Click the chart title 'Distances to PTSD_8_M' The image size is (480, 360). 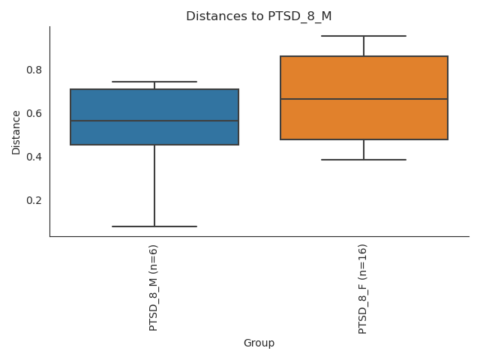259,16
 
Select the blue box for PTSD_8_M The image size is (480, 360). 154,105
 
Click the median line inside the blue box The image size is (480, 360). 154,121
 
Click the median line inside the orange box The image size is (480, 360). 364,99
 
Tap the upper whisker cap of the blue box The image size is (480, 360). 154,82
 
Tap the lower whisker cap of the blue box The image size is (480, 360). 154,226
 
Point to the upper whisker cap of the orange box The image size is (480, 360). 364,36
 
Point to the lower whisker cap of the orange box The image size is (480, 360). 364,160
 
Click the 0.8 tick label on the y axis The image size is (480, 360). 34,70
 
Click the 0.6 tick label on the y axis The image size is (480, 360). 34,113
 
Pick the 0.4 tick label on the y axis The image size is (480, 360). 34,157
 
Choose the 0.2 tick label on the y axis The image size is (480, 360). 34,200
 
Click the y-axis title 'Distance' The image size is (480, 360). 16,132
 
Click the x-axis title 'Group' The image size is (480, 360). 259,343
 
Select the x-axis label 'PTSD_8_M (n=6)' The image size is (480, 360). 154,287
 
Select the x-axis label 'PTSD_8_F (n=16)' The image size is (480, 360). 363,289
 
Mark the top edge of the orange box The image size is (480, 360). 364,56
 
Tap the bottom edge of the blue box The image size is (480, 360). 154,145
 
